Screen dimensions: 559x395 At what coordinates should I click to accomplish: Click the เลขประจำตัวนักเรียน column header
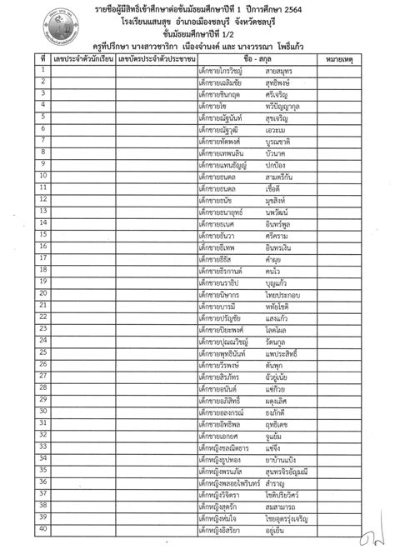pos(81,59)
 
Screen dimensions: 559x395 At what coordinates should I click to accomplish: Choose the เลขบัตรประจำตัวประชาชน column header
pos(156,59)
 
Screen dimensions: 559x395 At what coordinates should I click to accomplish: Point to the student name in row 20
pos(250,294)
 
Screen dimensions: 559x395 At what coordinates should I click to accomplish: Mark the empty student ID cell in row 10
pos(81,177)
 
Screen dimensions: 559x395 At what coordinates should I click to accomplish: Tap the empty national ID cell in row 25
pos(156,352)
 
